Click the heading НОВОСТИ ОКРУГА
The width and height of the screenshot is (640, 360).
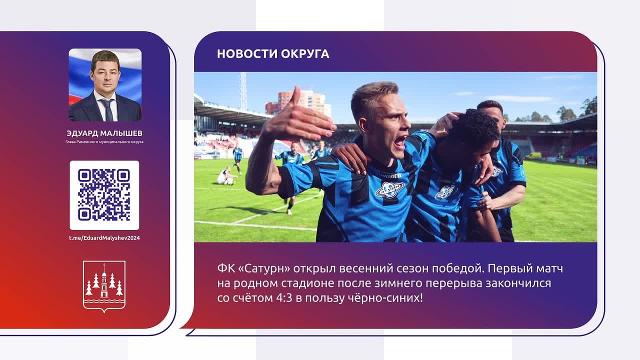273,54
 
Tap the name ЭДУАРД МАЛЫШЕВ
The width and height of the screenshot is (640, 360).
104,133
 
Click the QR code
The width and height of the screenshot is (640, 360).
104,195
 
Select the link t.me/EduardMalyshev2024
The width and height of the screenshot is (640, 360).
104,238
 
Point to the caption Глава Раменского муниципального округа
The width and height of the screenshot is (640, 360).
104,141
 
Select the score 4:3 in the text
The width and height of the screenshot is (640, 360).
284,298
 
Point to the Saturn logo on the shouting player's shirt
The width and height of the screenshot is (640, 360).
389,189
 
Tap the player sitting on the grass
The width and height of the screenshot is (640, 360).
227,176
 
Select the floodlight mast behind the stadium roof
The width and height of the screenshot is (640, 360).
243,91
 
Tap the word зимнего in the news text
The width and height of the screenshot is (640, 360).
391,283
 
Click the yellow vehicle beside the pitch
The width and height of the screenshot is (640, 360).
533,155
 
